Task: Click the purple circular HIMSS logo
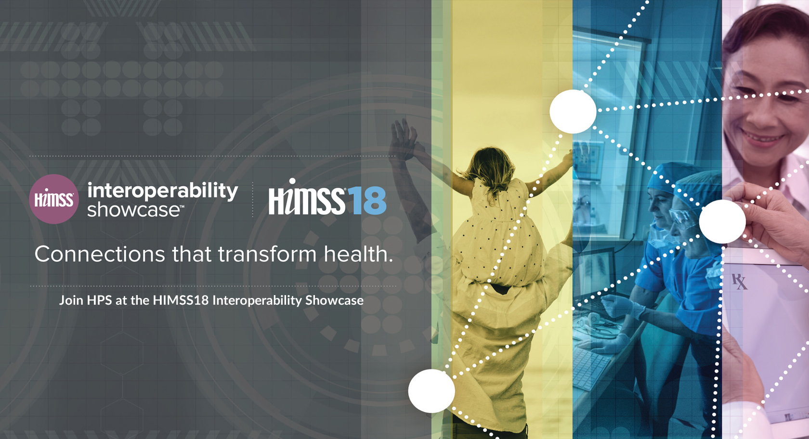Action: coord(54,199)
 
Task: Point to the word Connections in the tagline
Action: coord(100,254)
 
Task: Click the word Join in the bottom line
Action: coord(71,300)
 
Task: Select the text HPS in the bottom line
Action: coord(100,300)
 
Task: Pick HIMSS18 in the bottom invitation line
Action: coord(181,300)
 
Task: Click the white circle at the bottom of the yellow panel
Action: coord(431,391)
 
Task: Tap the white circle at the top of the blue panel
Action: coord(573,112)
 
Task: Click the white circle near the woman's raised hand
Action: coord(722,221)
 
